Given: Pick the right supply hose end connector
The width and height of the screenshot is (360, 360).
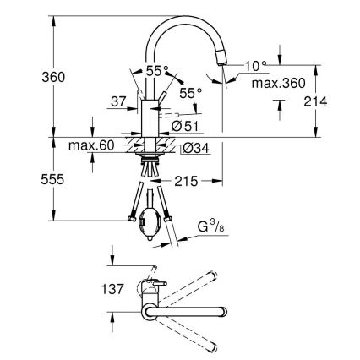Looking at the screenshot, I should [x=173, y=220].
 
